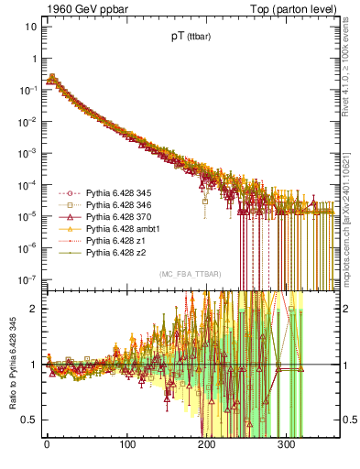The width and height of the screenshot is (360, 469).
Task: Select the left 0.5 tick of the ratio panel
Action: coord(27,420)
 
